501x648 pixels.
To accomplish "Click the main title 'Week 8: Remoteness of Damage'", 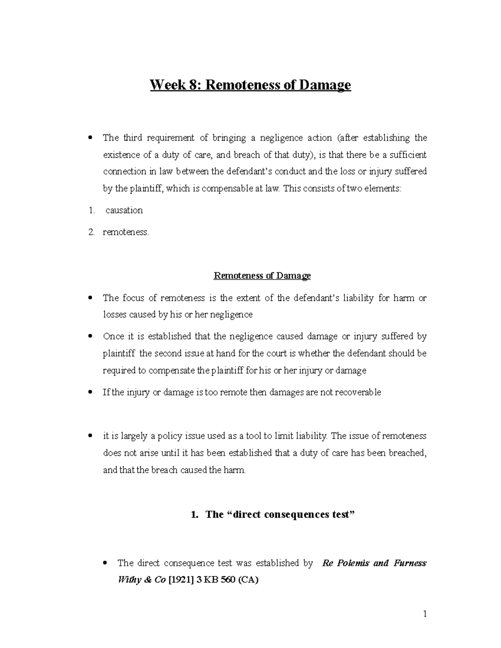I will pyautogui.click(x=250, y=85).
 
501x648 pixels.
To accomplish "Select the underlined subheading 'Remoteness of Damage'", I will pyautogui.click(x=262, y=276).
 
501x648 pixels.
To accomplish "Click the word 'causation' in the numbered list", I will pyautogui.click(x=124, y=210).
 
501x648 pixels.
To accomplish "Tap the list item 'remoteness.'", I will pyautogui.click(x=126, y=232).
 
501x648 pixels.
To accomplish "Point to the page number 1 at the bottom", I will pyautogui.click(x=425, y=614).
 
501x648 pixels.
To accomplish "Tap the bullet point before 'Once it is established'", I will pyautogui.click(x=91, y=336).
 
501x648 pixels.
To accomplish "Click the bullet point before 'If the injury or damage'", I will pyautogui.click(x=91, y=392).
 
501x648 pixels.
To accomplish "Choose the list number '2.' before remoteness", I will pyautogui.click(x=91, y=232).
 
